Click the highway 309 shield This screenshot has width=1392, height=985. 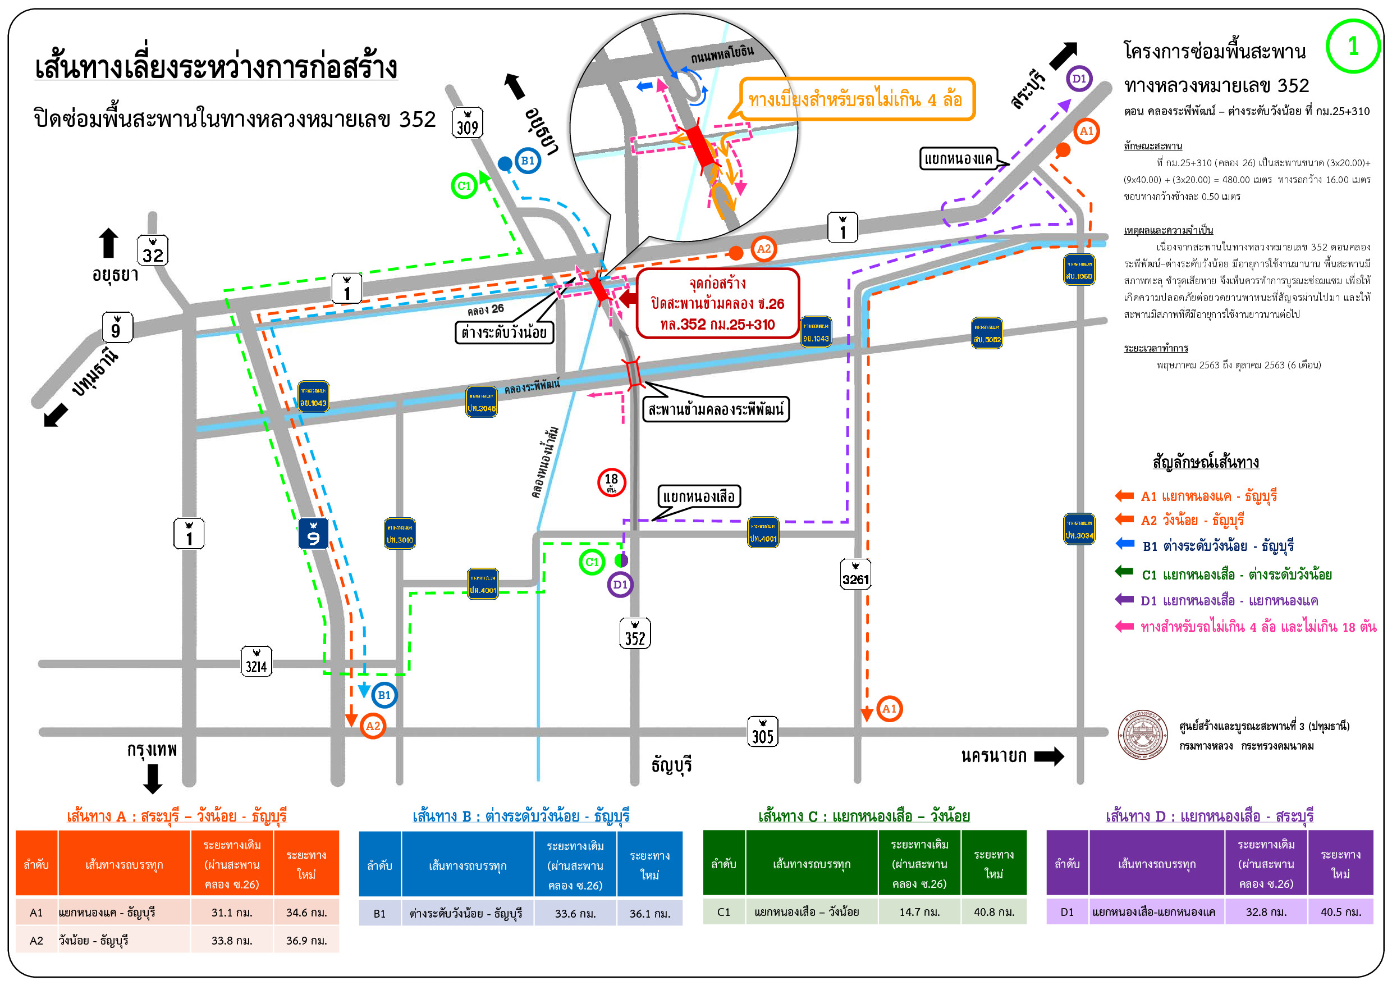(x=467, y=123)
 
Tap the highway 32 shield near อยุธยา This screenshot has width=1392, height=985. (x=153, y=250)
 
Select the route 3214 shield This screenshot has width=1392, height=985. (x=257, y=662)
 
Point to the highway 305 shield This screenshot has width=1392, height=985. (x=763, y=732)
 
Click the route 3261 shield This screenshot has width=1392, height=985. (x=855, y=574)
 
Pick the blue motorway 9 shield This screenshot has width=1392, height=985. (x=313, y=533)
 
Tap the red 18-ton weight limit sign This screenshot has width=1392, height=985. (x=611, y=482)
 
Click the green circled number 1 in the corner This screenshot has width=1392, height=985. (x=1353, y=47)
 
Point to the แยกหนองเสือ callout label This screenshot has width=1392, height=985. (x=698, y=497)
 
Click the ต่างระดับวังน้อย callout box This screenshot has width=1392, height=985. (x=505, y=332)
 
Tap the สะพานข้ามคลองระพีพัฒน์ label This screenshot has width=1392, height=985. (x=716, y=409)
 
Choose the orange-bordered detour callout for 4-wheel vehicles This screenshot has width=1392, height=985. (x=856, y=99)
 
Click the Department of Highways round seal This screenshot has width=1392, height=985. (x=1143, y=735)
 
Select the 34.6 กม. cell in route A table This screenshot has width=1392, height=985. (x=306, y=912)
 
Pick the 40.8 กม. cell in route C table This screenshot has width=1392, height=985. (x=993, y=911)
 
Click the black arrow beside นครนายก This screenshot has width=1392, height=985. (x=1049, y=756)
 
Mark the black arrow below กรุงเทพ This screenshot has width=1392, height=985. (x=153, y=779)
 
